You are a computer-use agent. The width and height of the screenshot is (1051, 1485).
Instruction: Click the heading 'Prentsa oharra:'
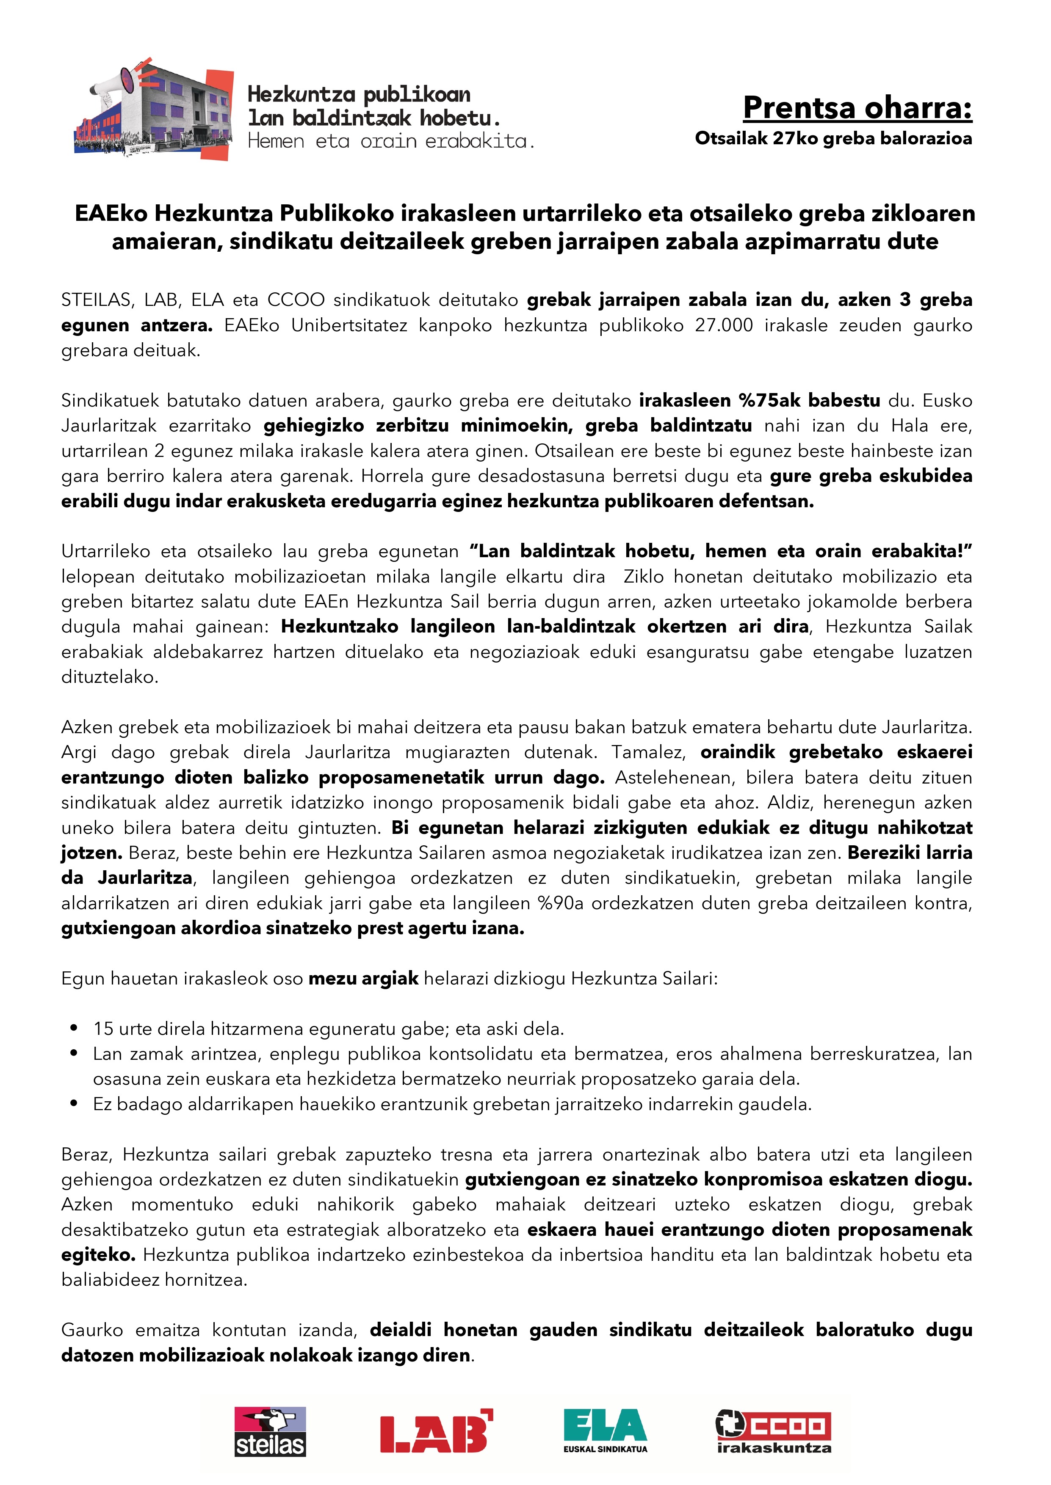pyautogui.click(x=857, y=107)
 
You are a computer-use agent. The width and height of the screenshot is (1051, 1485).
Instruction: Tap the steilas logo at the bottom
pyautogui.click(x=270, y=1433)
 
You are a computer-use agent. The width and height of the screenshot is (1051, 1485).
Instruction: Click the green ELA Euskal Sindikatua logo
pyautogui.click(x=605, y=1430)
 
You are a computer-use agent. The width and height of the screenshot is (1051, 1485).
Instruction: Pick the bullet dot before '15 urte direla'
pyautogui.click(x=75, y=1028)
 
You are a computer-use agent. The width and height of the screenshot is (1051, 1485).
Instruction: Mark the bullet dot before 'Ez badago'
pyautogui.click(x=75, y=1104)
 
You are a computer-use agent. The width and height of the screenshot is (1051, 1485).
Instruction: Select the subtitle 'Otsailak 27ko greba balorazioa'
pyautogui.click(x=833, y=138)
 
